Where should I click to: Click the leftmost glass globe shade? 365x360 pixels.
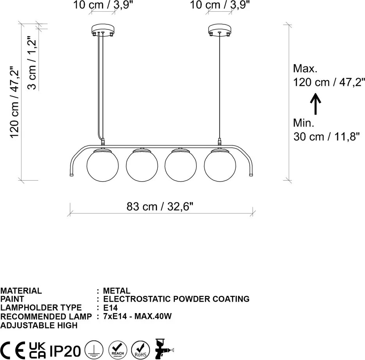102,166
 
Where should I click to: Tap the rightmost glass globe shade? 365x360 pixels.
220,166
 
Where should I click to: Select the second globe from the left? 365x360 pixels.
142,166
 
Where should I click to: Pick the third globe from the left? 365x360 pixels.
181,166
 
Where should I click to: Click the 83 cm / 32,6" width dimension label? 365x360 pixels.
160,206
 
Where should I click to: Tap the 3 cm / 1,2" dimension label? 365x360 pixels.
32,63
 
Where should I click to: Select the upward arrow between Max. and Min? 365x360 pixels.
316,104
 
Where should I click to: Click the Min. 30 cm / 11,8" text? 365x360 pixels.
326,130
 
